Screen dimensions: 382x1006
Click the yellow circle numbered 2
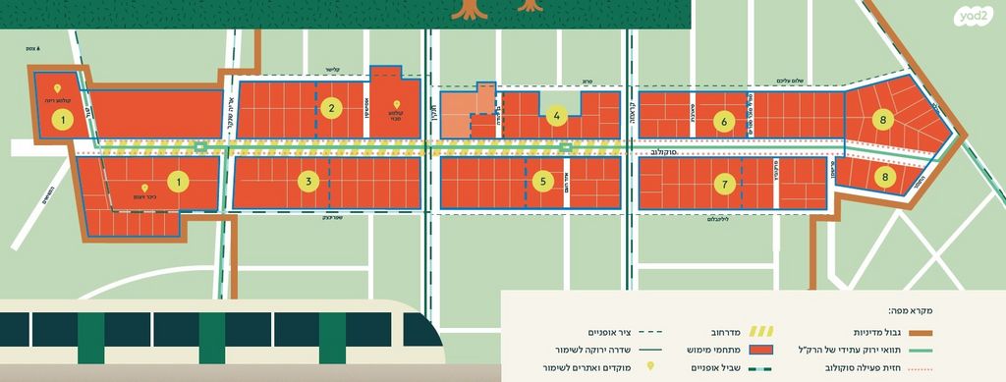point(333,109)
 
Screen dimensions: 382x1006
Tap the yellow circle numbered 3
point(307,182)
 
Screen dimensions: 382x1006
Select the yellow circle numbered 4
point(556,117)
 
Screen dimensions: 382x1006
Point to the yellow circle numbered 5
point(543,181)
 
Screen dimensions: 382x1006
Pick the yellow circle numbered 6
point(724,122)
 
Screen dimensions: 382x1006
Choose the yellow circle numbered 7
point(724,184)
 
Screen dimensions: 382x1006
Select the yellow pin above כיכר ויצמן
point(145,188)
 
